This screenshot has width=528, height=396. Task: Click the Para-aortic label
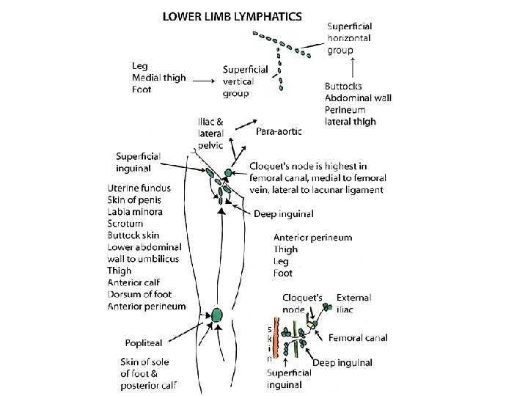pos(278,131)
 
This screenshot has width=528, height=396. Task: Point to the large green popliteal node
pos(217,316)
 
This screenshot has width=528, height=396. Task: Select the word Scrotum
pos(125,223)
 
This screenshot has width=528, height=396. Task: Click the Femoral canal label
pos(358,338)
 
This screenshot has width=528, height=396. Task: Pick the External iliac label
pos(353,304)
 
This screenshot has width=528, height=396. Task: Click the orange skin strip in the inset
pos(275,340)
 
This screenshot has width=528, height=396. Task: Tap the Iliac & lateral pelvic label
pos(213,133)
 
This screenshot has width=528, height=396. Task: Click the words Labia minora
pos(135,212)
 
